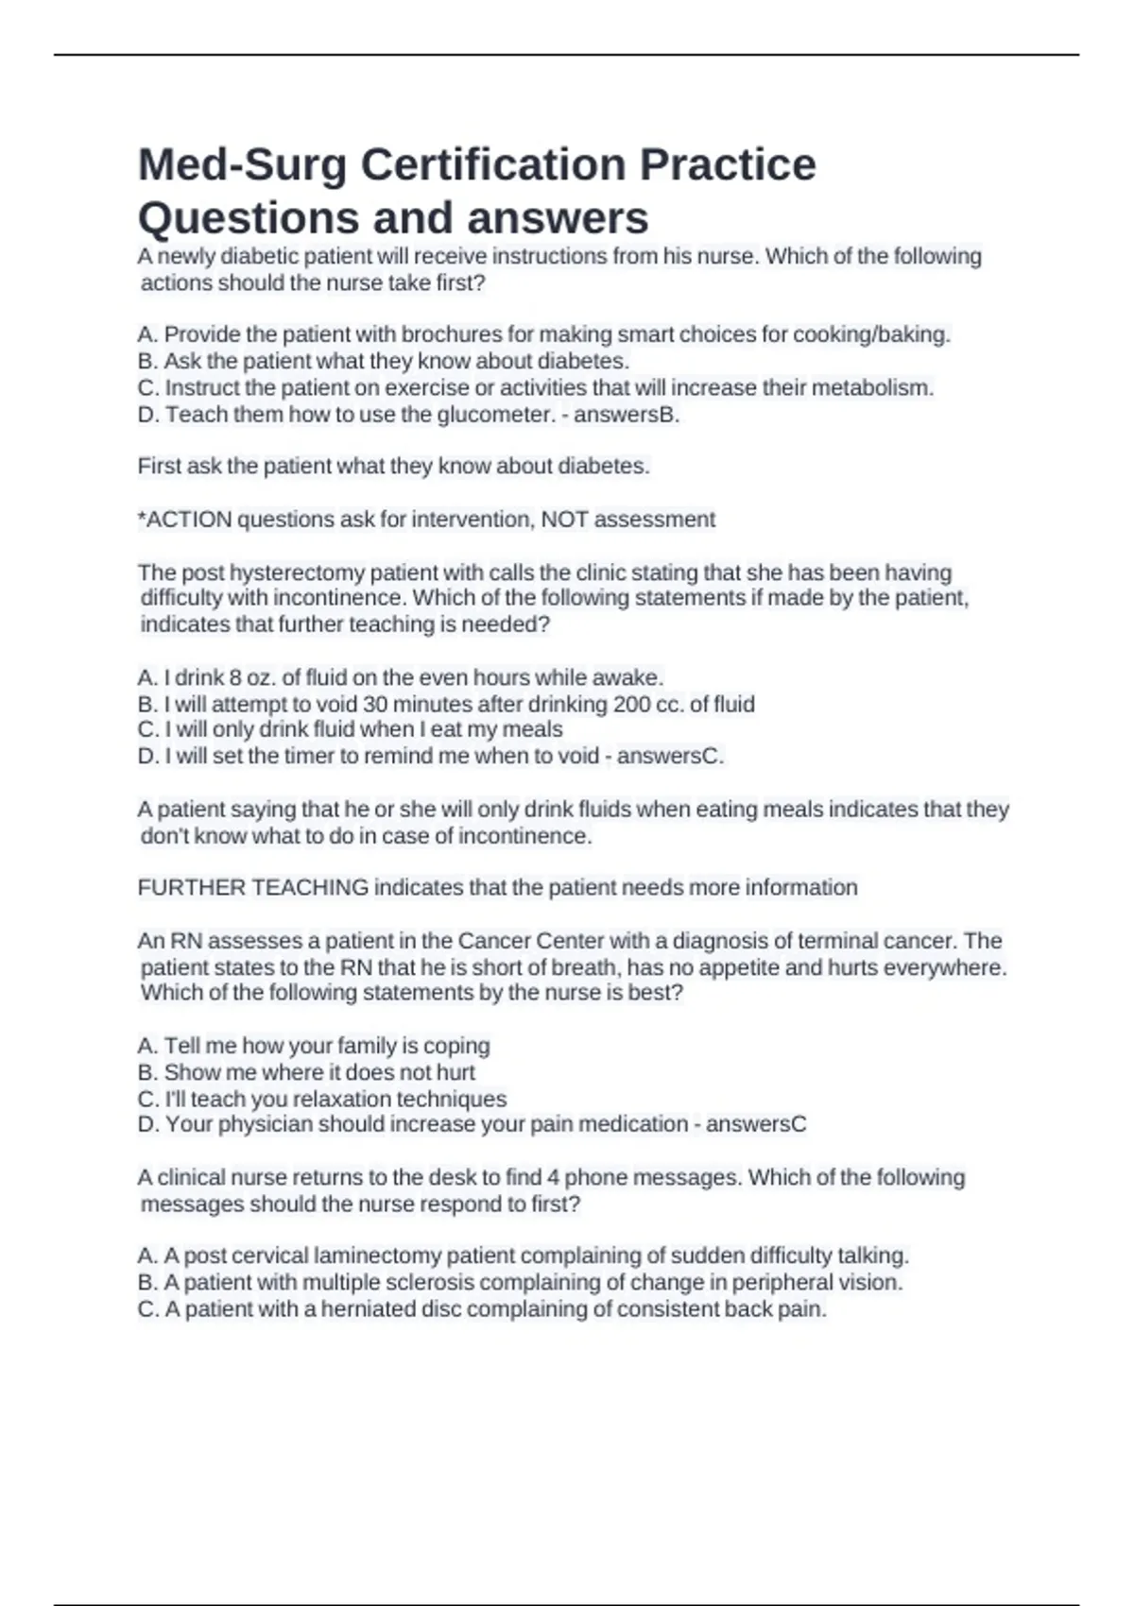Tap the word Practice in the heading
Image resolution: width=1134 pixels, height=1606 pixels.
(x=728, y=165)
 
